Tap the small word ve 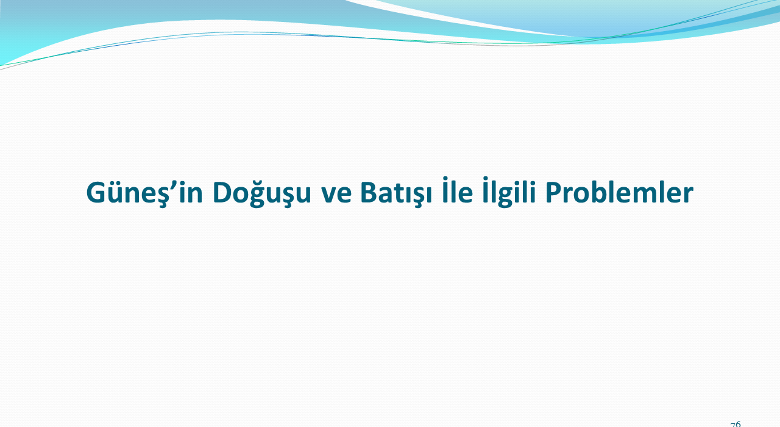pyautogui.click(x=336, y=195)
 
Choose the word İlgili pyautogui.click(x=509, y=192)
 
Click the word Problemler pyautogui.click(x=620, y=192)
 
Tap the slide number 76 pyautogui.click(x=736, y=424)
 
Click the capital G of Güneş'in pyautogui.click(x=96, y=192)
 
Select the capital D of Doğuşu pyautogui.click(x=223, y=192)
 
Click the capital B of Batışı pyautogui.click(x=369, y=192)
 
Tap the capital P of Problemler pyautogui.click(x=553, y=192)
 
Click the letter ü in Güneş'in pyautogui.click(x=116, y=192)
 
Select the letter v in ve pyautogui.click(x=328, y=195)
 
